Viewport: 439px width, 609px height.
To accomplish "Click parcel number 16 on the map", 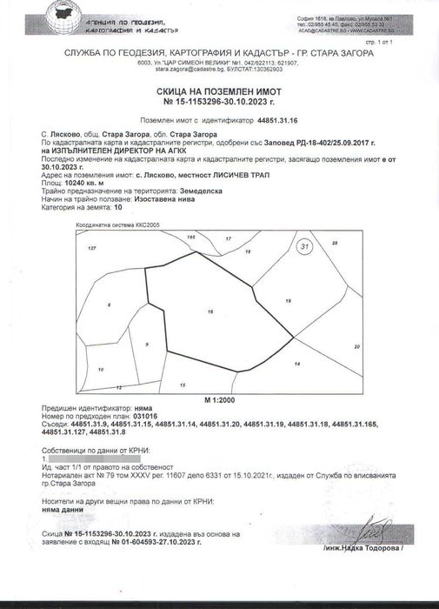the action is [210, 311].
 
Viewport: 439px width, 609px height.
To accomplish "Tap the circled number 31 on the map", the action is [304, 247].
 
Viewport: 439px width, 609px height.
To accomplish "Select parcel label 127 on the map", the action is [90, 249].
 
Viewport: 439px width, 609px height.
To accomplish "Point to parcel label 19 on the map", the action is [288, 300].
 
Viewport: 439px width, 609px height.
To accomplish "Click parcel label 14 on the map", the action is [296, 363].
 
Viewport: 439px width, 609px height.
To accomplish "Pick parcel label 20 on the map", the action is [356, 347].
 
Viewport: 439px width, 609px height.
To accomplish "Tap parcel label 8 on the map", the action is [109, 304].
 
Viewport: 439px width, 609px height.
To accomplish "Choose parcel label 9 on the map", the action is [147, 345].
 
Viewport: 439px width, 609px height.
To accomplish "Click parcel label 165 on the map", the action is [192, 237].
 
